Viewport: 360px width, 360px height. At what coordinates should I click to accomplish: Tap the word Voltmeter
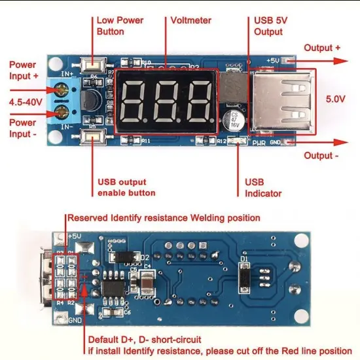190,20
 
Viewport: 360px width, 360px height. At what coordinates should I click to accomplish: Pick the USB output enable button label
127,187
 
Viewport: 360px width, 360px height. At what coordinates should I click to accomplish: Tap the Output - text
321,156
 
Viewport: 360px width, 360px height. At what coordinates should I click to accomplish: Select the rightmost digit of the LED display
197,102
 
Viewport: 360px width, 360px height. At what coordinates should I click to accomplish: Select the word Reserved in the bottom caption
88,218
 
